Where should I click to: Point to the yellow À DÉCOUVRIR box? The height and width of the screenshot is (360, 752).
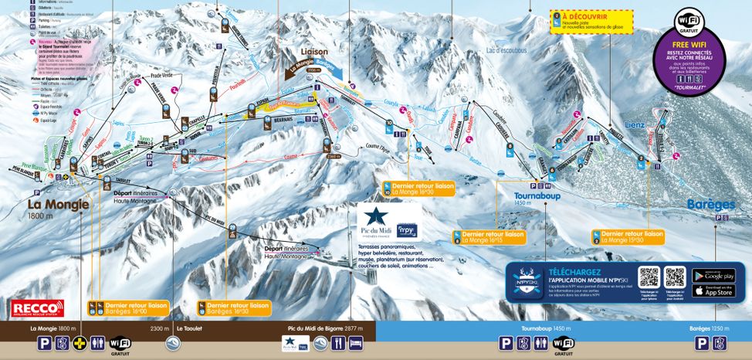591,21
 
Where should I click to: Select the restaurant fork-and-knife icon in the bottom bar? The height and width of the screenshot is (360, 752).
337,344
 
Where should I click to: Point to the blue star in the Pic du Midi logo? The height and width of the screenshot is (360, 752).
376,216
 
